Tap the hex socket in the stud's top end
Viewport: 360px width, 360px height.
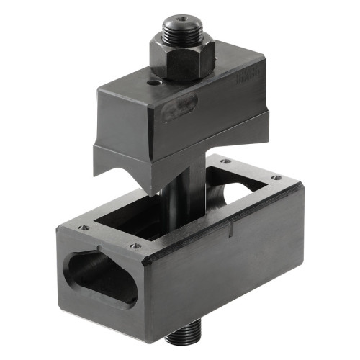click(181, 19)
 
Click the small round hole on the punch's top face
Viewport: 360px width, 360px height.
click(153, 84)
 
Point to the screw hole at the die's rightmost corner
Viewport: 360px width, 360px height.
click(274, 177)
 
